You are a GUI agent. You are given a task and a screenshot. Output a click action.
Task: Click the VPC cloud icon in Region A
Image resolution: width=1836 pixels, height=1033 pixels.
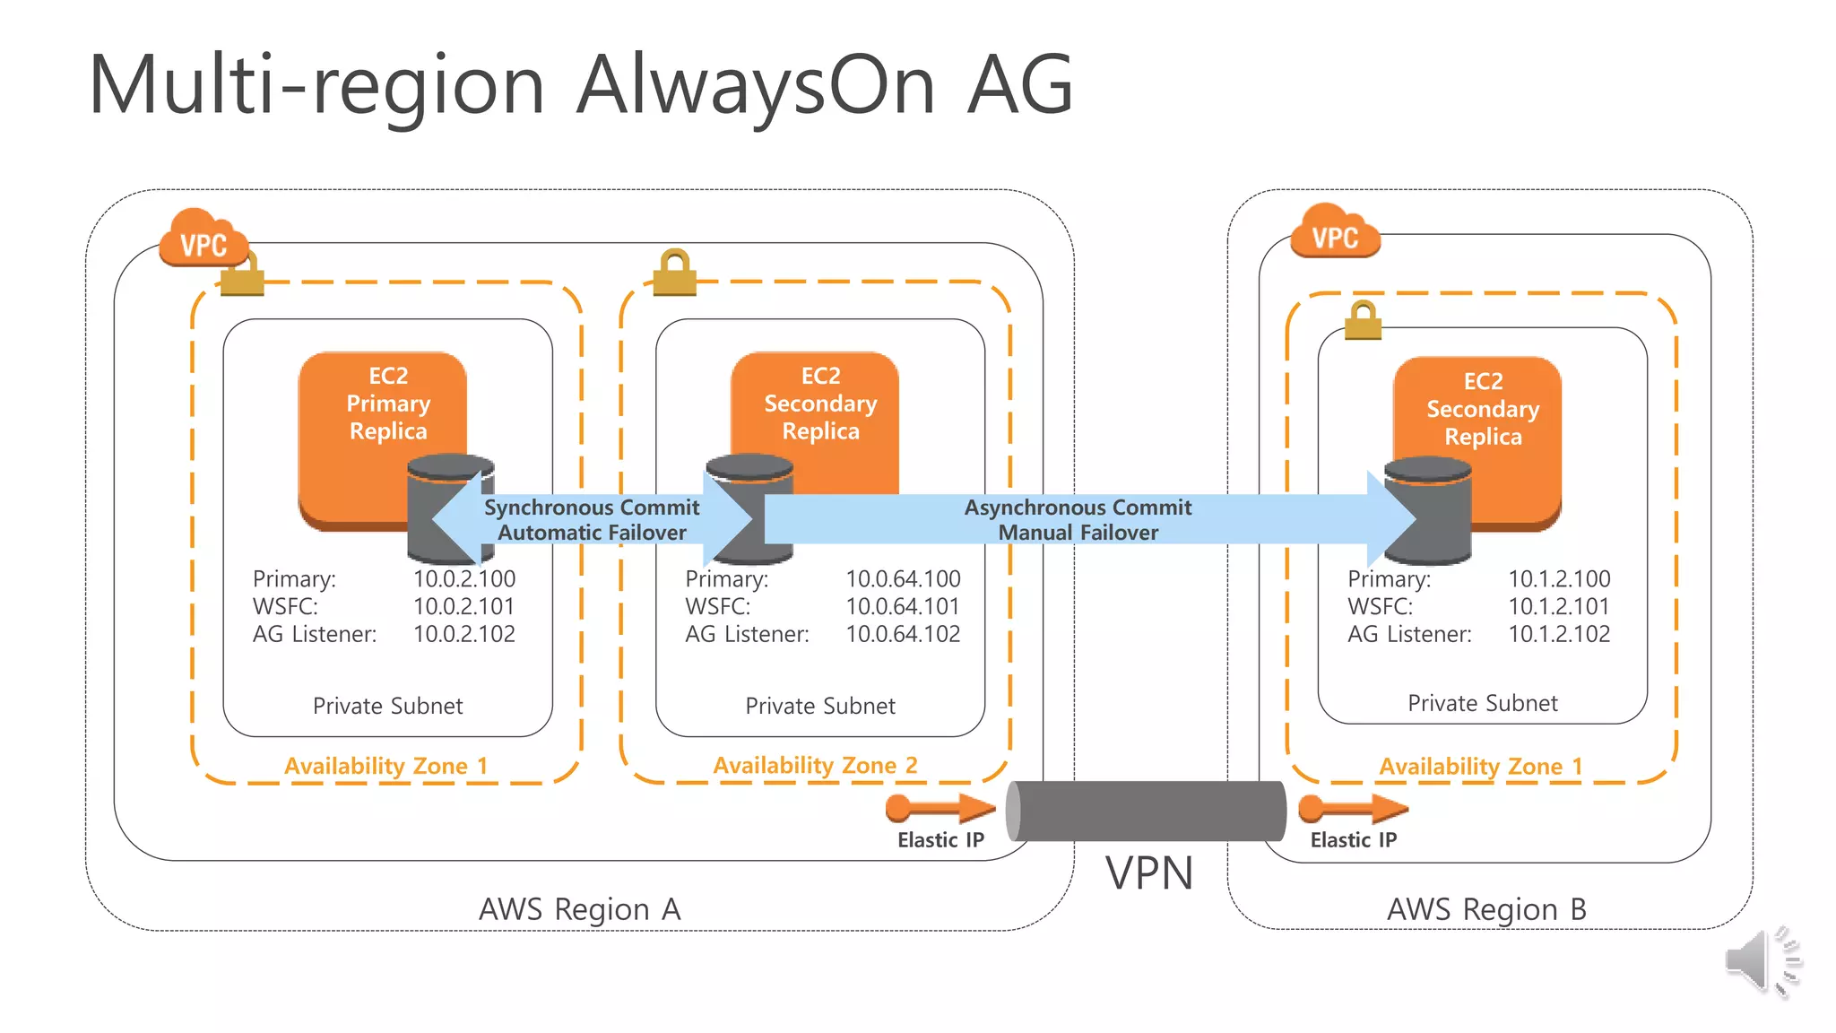pos(203,239)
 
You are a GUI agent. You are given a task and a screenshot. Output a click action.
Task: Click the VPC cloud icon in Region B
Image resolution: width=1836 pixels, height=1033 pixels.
pos(1335,232)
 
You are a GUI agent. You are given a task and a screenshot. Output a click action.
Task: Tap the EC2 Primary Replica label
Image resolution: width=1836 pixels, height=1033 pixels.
pos(388,404)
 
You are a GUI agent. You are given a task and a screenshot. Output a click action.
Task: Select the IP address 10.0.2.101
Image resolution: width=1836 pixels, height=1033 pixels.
pos(463,607)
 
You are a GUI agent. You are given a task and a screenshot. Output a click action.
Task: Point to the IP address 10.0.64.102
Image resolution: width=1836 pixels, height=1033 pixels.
pos(903,635)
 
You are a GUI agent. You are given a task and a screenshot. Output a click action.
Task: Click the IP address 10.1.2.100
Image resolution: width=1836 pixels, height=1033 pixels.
pos(1559,579)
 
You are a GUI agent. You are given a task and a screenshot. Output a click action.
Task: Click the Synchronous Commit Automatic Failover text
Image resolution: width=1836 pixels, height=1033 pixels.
pos(592,520)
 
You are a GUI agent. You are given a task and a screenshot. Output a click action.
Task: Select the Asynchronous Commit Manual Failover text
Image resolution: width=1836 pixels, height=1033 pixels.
pos(1078,520)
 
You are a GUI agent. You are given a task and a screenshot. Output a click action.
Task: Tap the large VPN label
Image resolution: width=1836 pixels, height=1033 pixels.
pos(1149,873)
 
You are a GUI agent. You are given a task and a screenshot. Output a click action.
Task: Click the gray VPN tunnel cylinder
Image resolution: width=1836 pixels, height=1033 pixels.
pos(1146,811)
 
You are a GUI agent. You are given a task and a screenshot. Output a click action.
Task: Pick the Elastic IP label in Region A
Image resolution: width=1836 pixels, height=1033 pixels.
pos(940,840)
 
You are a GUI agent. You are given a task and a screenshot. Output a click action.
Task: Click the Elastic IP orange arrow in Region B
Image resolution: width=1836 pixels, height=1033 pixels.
pos(1353,809)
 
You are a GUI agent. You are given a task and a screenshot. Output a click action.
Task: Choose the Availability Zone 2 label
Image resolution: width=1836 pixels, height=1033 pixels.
pos(815,766)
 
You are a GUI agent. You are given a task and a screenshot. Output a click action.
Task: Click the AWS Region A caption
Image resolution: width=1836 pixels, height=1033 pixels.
pos(579,910)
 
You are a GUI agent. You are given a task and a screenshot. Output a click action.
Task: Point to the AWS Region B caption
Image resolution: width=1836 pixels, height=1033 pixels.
pos(1486,910)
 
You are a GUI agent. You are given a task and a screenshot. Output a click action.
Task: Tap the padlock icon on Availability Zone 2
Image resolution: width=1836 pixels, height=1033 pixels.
pos(674,273)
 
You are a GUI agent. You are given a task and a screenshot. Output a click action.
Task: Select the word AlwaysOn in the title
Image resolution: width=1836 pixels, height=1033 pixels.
pos(756,85)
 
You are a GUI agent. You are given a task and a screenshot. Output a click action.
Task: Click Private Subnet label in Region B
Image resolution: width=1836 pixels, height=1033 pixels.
pos(1482,704)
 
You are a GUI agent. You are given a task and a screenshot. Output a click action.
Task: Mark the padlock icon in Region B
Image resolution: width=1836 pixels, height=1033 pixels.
pos(1363,321)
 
